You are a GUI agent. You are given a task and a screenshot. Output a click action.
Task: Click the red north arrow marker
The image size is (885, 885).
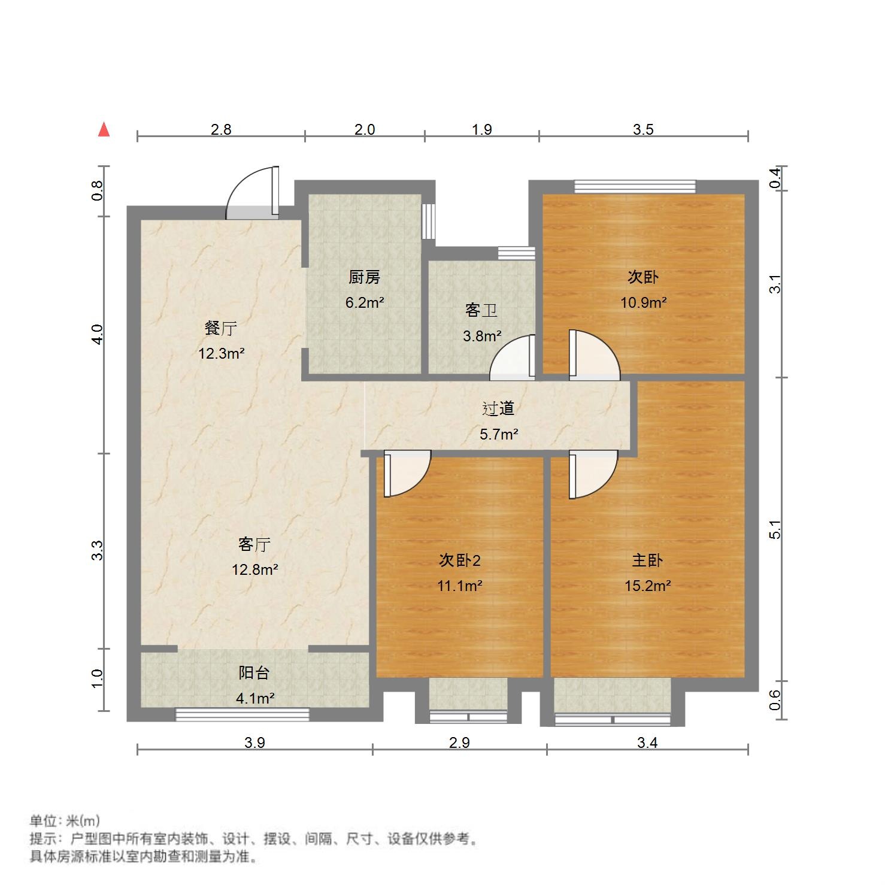click(x=104, y=129)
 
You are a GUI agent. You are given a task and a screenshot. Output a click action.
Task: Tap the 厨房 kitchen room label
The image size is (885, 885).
click(x=364, y=277)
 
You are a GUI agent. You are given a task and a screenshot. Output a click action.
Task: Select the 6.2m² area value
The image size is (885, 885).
click(x=364, y=302)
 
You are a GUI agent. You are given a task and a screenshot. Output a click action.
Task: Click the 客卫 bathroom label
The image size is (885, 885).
click(x=481, y=310)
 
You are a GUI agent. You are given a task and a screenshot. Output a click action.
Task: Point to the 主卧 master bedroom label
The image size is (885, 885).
click(x=647, y=560)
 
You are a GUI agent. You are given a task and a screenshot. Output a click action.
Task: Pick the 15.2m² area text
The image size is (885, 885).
click(x=647, y=586)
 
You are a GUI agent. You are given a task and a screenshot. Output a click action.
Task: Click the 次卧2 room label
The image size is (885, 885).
click(x=459, y=560)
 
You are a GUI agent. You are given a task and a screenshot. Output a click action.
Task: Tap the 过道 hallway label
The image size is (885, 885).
click(x=498, y=408)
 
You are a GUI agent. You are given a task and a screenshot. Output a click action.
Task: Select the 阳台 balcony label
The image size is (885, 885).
click(x=254, y=673)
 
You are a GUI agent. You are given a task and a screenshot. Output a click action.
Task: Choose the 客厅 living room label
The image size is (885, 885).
click(x=254, y=544)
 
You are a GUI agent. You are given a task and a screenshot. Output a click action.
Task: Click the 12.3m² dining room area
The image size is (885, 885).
click(x=221, y=353)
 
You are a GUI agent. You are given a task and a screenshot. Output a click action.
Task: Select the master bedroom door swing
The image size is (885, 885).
click(x=593, y=476)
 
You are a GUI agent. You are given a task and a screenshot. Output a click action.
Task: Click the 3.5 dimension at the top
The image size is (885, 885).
click(x=643, y=129)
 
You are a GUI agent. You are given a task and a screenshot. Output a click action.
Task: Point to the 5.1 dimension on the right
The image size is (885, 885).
click(x=775, y=530)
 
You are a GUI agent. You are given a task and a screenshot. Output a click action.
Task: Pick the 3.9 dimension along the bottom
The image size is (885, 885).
click(x=254, y=743)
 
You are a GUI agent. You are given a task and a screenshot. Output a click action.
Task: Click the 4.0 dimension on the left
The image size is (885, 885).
click(x=98, y=334)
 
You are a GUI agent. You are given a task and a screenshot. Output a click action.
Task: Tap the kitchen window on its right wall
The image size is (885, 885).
click(x=429, y=222)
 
